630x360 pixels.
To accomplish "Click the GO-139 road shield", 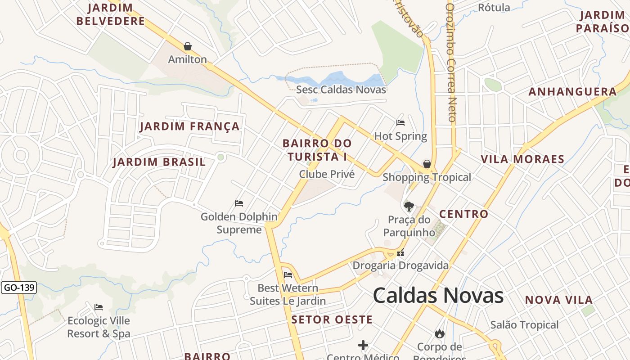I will [18, 288].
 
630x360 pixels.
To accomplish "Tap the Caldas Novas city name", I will [438, 296].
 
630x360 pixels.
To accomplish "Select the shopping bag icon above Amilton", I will [188, 46].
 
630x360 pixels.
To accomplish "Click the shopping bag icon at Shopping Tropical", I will [427, 164].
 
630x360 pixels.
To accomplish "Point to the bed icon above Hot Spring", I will [400, 123].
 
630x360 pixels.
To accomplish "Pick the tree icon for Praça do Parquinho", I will [409, 207].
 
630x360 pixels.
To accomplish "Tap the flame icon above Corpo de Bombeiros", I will [440, 333].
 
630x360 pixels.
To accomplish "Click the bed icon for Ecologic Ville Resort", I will [99, 307].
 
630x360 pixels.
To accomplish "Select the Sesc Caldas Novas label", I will [341, 89].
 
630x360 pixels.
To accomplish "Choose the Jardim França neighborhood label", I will [189, 126].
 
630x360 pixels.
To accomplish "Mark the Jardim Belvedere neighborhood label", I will [111, 14].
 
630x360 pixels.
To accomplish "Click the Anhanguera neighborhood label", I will [572, 92].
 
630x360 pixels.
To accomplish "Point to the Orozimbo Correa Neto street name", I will [451, 63].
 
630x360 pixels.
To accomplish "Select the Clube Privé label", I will [327, 174].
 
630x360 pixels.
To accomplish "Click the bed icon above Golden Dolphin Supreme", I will [239, 203].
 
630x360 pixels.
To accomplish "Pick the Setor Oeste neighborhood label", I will [332, 320].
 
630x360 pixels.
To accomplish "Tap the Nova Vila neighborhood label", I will [559, 300].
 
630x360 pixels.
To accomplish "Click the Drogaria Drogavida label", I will [400, 265].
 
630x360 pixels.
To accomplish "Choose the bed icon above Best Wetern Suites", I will [288, 275].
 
